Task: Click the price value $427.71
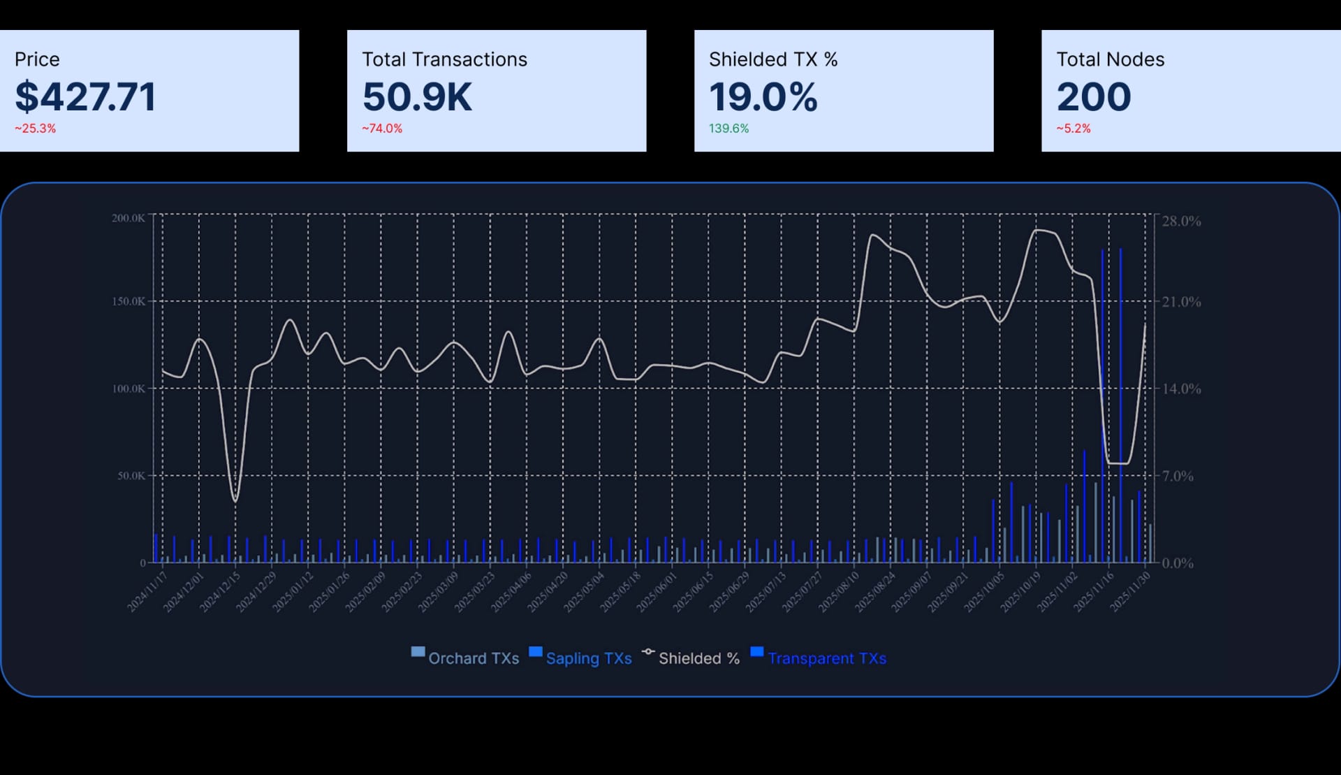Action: (85, 96)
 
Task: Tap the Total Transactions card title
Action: (444, 59)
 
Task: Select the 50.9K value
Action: (417, 96)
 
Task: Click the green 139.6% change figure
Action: (728, 129)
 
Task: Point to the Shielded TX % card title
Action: (772, 59)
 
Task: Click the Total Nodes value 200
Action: (1093, 96)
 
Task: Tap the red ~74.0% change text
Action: (382, 129)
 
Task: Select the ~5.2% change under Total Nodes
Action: (1073, 129)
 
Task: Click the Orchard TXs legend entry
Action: (465, 658)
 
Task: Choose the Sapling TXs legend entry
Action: (580, 658)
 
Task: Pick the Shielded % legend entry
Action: (691, 658)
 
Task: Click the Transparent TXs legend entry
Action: (819, 658)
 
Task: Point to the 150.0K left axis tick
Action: (129, 301)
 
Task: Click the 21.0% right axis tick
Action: (1181, 302)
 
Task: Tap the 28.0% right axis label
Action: (1181, 221)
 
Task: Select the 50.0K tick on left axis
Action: (131, 476)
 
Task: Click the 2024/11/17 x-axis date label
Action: (148, 591)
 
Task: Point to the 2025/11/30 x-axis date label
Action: (1130, 591)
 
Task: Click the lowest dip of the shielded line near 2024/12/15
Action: (235, 500)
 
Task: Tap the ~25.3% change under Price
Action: (36, 129)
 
